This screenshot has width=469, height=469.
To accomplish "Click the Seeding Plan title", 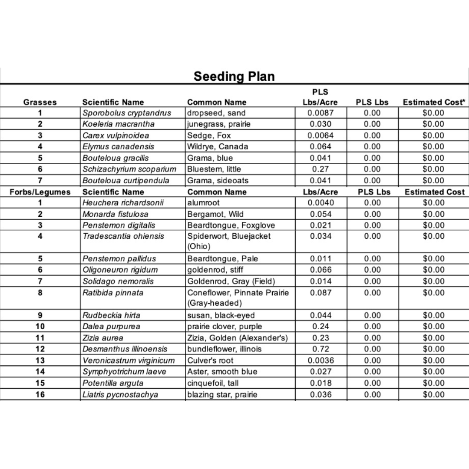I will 234,76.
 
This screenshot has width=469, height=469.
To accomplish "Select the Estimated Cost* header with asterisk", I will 434,102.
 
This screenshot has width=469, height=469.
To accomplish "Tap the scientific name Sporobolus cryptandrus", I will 127,113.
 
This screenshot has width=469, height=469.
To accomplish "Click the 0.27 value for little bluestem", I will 320,169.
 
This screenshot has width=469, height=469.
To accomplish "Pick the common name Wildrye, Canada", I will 218,146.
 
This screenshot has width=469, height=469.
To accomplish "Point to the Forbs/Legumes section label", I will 40,192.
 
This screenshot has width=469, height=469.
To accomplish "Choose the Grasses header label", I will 40,102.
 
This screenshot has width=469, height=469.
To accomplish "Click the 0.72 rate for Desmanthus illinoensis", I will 320,349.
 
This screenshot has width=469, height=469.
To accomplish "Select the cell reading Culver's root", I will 210,360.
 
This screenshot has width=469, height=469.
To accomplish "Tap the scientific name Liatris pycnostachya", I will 120,395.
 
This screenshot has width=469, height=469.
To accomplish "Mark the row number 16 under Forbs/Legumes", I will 40,395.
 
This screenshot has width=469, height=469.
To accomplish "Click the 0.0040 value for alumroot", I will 320,203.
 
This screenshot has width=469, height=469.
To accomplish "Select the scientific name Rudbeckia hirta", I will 111,315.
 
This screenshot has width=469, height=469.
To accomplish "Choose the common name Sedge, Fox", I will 209,135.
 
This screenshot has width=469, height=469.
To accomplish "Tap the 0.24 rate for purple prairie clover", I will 320,327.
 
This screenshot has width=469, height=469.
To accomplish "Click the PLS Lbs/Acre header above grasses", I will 320,97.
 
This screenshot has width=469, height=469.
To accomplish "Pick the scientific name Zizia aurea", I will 103,338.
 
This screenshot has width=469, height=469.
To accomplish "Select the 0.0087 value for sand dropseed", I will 320,113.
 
